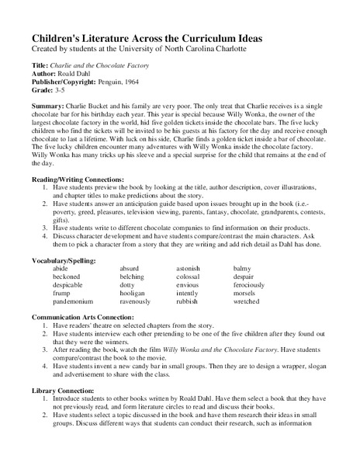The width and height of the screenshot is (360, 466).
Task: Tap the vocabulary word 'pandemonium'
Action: coord(73,301)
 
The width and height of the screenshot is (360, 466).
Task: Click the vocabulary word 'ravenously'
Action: coord(140,301)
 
